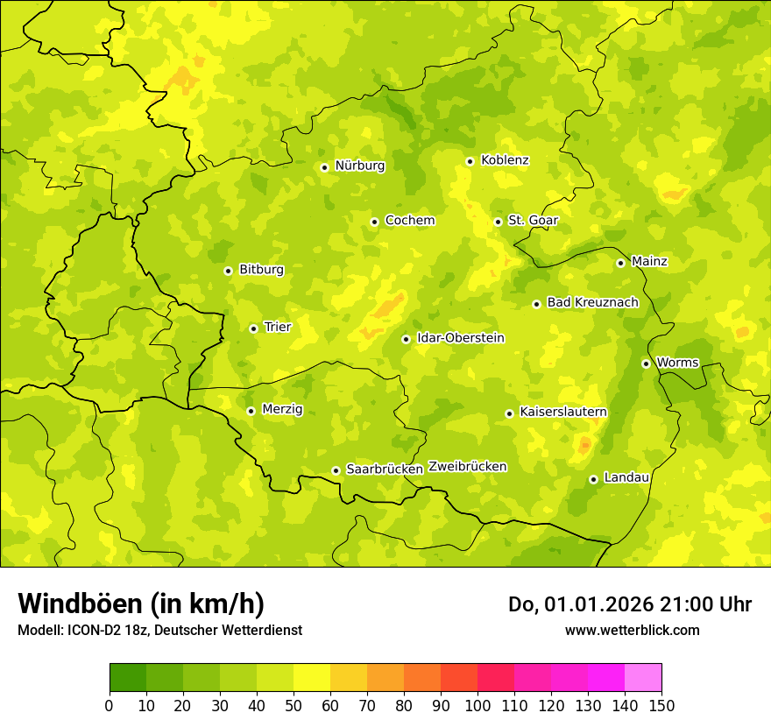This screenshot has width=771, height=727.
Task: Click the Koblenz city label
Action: (505, 160)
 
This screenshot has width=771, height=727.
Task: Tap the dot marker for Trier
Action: (253, 328)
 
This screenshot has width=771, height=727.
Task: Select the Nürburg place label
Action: (359, 166)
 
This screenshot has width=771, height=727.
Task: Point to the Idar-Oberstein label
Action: (461, 337)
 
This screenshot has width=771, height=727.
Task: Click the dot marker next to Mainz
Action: (620, 263)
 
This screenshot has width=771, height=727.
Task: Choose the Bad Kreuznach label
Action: (592, 302)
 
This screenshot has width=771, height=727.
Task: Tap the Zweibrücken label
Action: (467, 467)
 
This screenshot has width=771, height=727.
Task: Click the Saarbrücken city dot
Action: (336, 470)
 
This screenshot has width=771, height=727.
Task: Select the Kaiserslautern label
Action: (562, 412)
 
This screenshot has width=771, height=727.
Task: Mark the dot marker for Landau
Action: (593, 479)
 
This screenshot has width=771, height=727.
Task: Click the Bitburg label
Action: (261, 270)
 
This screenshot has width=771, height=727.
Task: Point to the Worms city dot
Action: (646, 363)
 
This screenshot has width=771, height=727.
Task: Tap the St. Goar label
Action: (533, 221)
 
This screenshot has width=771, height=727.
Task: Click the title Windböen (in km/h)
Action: (141, 603)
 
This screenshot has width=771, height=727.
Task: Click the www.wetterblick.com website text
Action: (632, 630)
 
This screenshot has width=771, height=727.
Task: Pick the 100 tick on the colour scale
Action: (477, 705)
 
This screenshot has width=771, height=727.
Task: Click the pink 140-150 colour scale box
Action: (643, 678)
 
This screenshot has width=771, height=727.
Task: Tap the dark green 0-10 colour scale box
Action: (128, 678)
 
